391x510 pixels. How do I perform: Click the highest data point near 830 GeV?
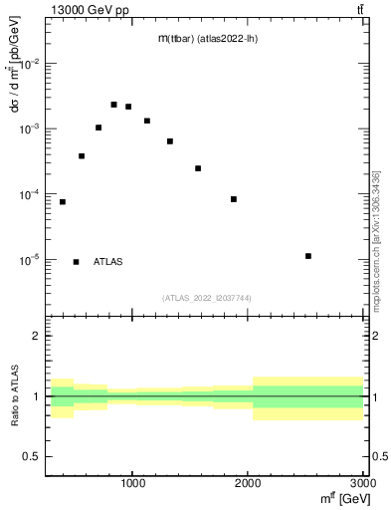(x=113, y=105)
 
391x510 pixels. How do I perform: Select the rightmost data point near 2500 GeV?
(x=308, y=256)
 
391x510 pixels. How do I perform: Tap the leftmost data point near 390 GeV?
(x=62, y=202)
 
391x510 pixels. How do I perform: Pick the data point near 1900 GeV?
(x=234, y=199)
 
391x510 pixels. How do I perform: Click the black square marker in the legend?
(x=76, y=262)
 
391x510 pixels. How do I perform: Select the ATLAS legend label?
(x=108, y=262)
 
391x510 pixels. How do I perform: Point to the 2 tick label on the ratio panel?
(x=36, y=337)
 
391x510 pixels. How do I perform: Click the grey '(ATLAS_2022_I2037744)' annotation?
(x=207, y=298)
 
